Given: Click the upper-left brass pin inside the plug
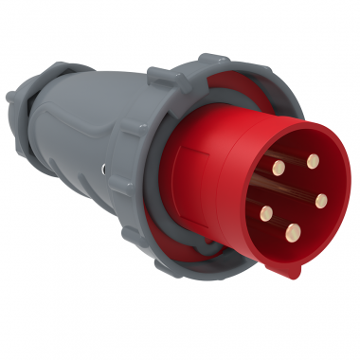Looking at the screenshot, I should (278, 167).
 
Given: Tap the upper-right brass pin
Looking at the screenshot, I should (312, 161).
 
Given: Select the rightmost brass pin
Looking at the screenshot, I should (321, 201).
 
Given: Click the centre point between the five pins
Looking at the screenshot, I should (294, 197).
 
